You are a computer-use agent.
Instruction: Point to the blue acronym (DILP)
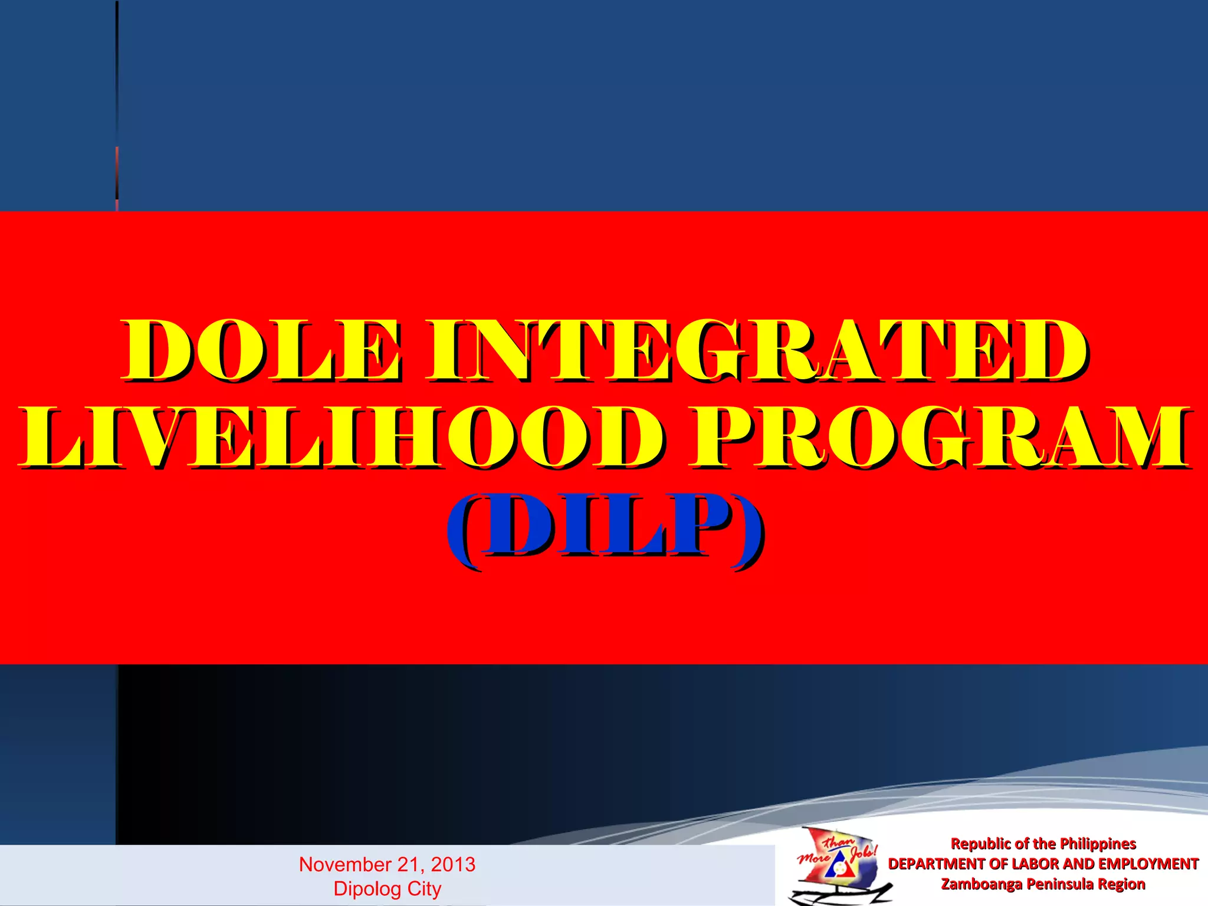[605, 526]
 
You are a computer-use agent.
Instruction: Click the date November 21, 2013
[387, 864]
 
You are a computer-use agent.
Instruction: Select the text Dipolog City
[387, 888]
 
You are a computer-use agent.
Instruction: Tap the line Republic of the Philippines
[1043, 843]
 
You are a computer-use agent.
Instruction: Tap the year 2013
[453, 864]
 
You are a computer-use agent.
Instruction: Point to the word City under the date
[424, 888]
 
